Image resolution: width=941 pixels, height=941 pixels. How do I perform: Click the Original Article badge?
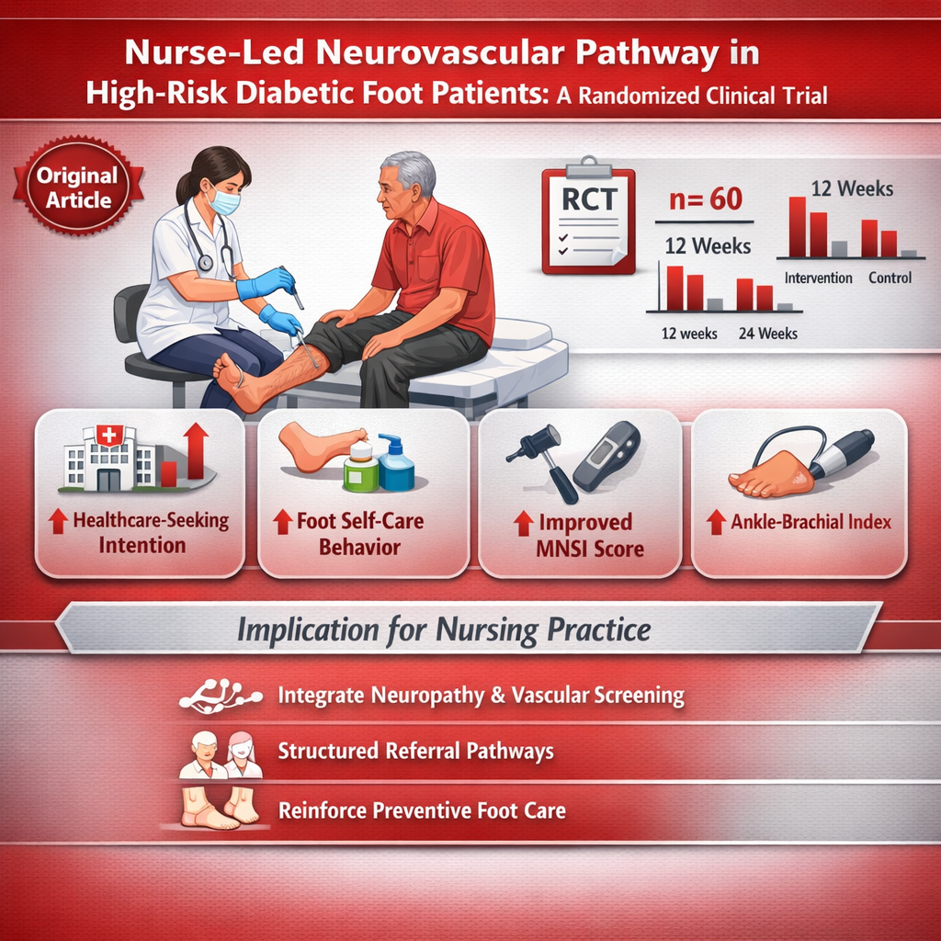(x=78, y=186)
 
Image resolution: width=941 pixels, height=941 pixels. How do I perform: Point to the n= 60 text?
(x=706, y=199)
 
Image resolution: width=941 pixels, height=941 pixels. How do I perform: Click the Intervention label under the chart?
(x=818, y=278)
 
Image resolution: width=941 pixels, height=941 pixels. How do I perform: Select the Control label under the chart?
(x=890, y=278)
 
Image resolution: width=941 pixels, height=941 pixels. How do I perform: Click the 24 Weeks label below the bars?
(x=768, y=334)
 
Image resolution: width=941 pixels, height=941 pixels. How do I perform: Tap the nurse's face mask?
(x=223, y=199)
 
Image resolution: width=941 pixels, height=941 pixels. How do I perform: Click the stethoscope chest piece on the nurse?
(x=205, y=262)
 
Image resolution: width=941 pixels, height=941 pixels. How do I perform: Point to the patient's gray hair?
(x=410, y=170)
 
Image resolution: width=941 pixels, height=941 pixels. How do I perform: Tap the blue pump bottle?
(x=396, y=463)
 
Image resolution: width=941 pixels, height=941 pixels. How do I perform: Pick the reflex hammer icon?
(x=543, y=462)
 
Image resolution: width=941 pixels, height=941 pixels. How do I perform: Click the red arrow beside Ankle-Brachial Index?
(x=716, y=522)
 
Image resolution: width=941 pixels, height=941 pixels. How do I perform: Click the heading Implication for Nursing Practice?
(x=444, y=630)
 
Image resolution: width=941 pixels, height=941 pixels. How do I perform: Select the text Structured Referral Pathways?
(x=416, y=752)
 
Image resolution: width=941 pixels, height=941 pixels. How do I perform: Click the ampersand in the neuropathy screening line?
(x=497, y=696)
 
